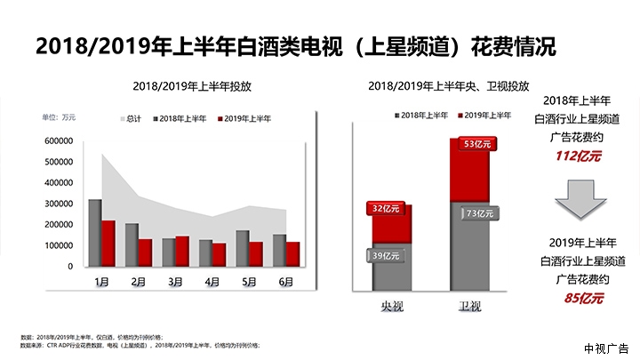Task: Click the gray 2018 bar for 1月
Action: click(x=94, y=233)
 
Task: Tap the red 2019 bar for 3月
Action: click(x=182, y=251)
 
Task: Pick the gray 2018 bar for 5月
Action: click(x=243, y=248)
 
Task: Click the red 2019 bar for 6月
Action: click(x=292, y=253)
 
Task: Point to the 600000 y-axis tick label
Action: click(x=58, y=141)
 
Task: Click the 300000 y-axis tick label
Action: click(x=58, y=204)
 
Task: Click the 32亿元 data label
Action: click(x=384, y=209)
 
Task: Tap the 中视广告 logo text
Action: click(x=607, y=348)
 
